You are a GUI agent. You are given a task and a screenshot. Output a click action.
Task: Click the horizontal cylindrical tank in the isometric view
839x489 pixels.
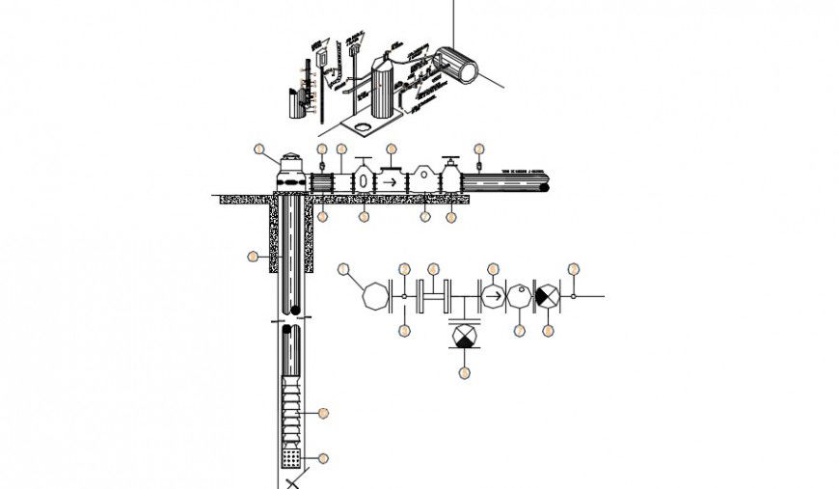(x=455, y=66)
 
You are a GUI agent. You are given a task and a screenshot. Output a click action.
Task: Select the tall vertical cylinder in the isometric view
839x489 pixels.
(x=386, y=87)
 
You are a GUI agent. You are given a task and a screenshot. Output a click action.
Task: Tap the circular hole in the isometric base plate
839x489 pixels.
(x=361, y=125)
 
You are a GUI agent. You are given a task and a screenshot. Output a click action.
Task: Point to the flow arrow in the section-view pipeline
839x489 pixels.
(x=391, y=180)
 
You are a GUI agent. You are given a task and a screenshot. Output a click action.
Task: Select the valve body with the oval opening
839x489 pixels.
(x=363, y=181)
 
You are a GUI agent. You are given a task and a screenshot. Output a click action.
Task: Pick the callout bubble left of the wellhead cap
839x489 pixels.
(x=258, y=149)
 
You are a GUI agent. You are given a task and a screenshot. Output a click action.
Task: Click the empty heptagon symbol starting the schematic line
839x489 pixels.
(x=372, y=295)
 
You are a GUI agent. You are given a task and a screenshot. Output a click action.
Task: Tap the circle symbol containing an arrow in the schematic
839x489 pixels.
(x=492, y=295)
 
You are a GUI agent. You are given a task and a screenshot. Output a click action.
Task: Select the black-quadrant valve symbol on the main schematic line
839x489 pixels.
(x=548, y=295)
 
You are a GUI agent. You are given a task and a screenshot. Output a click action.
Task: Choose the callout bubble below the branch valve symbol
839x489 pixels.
(x=465, y=371)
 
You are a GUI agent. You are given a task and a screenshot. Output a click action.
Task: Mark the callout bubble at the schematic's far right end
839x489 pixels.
(x=574, y=268)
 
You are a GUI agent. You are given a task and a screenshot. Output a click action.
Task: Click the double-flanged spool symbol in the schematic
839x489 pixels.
(x=435, y=295)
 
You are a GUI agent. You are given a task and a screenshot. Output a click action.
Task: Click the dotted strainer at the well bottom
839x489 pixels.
(x=290, y=457)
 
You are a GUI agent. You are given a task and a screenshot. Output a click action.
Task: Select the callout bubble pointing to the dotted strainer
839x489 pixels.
(x=323, y=458)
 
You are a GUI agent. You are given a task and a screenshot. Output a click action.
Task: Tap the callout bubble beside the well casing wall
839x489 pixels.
(x=253, y=257)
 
